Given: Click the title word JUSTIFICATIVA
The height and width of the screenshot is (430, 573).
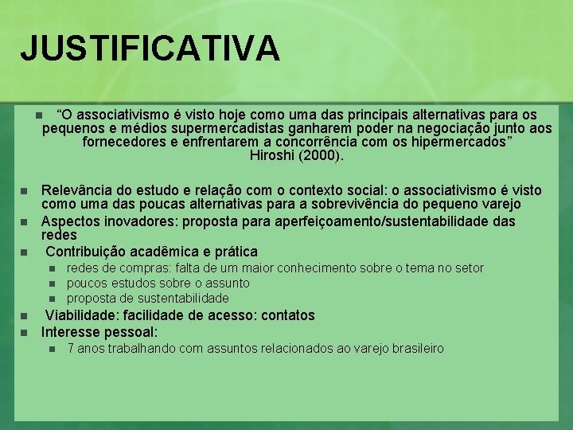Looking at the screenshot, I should (150, 48).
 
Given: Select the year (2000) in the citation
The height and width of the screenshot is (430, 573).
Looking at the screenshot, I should (322, 155).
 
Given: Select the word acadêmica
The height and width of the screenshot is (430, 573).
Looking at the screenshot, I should (181, 252).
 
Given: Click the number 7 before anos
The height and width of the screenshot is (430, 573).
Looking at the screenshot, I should (71, 349).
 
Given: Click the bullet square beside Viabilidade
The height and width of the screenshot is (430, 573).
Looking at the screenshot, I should (24, 315).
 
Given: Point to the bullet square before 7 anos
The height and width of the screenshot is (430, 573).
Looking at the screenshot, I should (52, 349).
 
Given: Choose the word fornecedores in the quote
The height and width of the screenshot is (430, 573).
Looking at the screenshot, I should (123, 142).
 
